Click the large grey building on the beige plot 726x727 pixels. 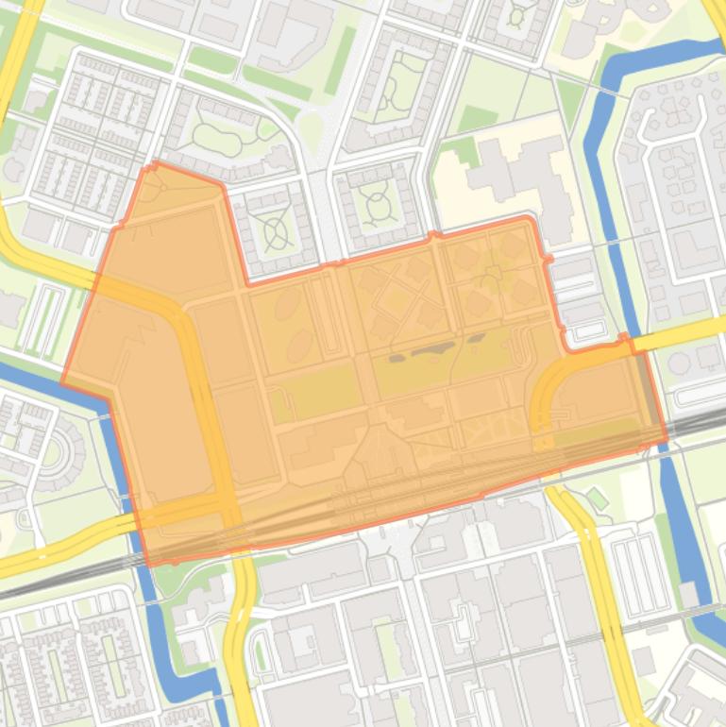(x=515, y=179)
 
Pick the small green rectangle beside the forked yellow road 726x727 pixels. (x=596, y=498)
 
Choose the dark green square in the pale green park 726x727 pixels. (x=477, y=118)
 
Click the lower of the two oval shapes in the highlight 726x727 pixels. (x=300, y=345)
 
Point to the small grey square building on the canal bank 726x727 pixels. (x=690, y=594)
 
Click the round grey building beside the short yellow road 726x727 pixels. (x=679, y=363)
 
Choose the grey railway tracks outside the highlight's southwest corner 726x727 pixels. (x=57, y=578)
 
